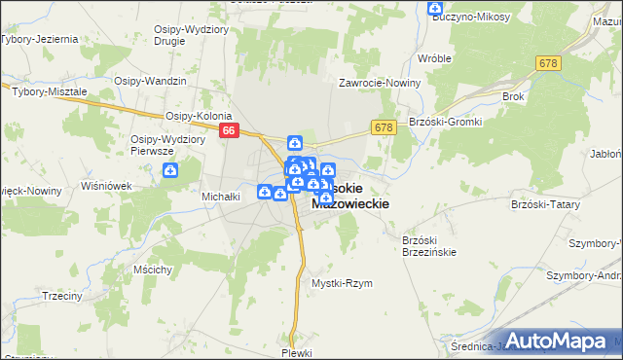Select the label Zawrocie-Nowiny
pyautogui.click(x=380, y=82)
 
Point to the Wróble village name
pyautogui.click(x=434, y=57)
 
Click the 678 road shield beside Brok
pyautogui.click(x=547, y=62)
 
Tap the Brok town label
pyautogui.click(x=513, y=96)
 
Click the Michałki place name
pyautogui.click(x=220, y=196)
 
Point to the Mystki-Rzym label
pyautogui.click(x=342, y=283)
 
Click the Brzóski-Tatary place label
pyautogui.click(x=544, y=205)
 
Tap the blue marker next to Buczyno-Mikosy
pyautogui.click(x=435, y=9)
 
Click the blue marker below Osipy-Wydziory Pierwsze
pyautogui.click(x=171, y=171)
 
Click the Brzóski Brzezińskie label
pyautogui.click(x=429, y=244)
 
